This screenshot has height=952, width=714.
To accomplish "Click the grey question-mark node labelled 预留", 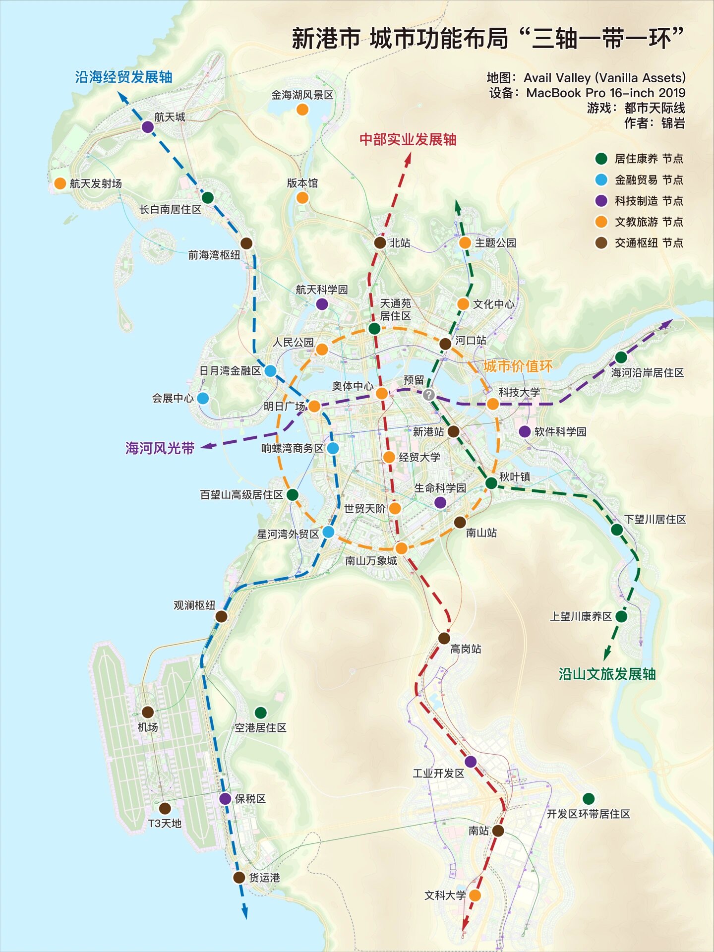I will click(x=429, y=395).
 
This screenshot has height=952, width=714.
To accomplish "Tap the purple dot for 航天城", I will click(x=148, y=127).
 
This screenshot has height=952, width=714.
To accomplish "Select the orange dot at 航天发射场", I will click(x=60, y=183).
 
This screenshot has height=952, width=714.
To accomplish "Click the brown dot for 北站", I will click(x=380, y=242).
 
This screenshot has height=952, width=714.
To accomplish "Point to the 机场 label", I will click(x=148, y=727).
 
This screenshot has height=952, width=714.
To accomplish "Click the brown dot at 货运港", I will click(x=239, y=877).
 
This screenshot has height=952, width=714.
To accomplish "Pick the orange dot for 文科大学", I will click(x=475, y=895).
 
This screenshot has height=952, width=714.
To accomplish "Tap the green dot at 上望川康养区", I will click(x=621, y=616).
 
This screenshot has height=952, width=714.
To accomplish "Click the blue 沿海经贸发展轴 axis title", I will click(x=124, y=77).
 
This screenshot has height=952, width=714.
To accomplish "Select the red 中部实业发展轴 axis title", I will click(x=408, y=139).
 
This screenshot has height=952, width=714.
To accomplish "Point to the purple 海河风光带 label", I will click(x=160, y=448).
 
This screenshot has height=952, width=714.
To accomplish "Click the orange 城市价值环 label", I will click(x=518, y=366).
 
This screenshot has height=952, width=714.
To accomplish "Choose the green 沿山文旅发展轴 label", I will click(x=607, y=674).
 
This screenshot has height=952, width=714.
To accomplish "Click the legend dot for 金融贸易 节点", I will click(x=601, y=179).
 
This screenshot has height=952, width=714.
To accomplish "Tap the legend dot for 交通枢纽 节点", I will click(x=601, y=243).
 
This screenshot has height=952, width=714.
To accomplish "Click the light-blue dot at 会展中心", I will click(x=203, y=398).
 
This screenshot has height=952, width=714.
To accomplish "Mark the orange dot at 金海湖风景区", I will click(x=302, y=110).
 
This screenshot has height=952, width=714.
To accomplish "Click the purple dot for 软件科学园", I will click(x=525, y=431).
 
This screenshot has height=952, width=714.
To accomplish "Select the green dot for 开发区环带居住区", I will click(x=589, y=799).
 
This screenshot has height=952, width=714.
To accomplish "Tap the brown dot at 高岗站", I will click(x=444, y=638).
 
